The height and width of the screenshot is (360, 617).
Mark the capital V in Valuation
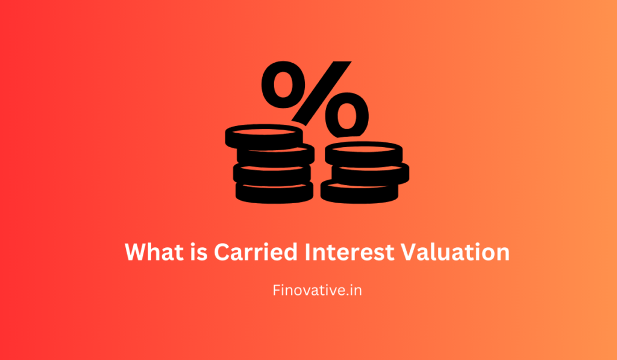(411, 251)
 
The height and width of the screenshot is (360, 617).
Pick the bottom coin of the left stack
(274, 193)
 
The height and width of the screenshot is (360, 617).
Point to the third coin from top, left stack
(272, 174)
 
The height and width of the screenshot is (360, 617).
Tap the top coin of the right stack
(363, 153)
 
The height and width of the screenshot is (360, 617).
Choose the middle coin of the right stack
(367, 172)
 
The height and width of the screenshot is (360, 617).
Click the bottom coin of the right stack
(359, 191)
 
